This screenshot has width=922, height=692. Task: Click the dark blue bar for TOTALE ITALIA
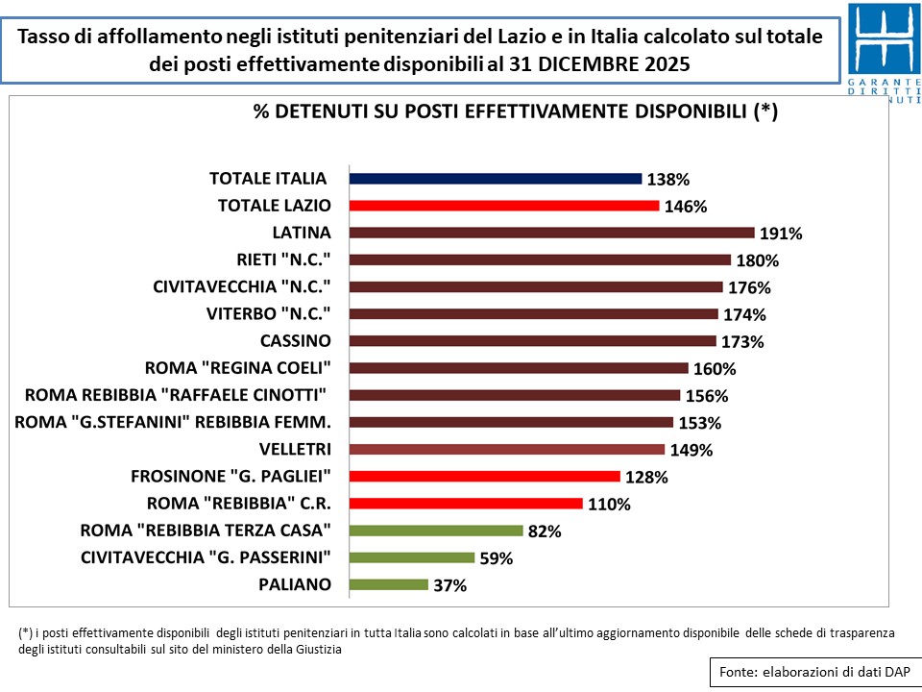click(496, 179)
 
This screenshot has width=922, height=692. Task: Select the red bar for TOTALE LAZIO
click(504, 206)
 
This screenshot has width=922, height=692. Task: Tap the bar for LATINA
click(552, 233)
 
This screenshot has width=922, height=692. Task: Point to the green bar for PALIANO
click(389, 584)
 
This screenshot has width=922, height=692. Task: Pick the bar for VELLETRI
click(507, 449)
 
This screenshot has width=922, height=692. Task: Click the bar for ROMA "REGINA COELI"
click(520, 368)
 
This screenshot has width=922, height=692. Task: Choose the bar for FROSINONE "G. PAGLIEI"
click(485, 476)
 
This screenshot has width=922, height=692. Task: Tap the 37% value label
click(450, 585)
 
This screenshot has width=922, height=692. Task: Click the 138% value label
click(669, 180)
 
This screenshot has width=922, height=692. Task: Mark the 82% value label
click(545, 531)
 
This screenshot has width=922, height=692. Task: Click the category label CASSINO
click(295, 341)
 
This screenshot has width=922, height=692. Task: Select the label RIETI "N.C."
click(283, 259)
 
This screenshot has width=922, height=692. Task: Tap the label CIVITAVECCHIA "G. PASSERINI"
click(206, 557)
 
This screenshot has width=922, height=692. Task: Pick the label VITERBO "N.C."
click(268, 313)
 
